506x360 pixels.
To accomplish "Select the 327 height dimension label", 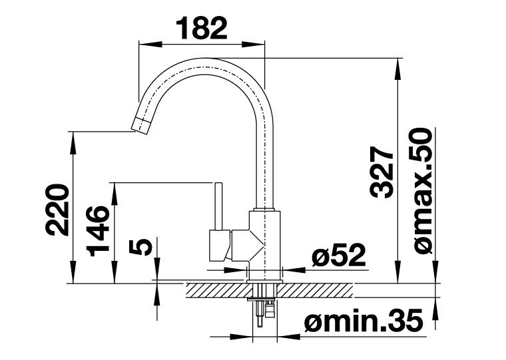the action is point(382,172).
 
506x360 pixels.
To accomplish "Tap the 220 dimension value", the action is point(57,210).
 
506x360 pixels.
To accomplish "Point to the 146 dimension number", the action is point(98,231).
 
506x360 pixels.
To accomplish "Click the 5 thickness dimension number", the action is point(140,248).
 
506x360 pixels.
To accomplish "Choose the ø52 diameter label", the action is point(338,255).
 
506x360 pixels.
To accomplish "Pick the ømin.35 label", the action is point(364,320).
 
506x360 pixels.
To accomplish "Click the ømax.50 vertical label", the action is point(423,191).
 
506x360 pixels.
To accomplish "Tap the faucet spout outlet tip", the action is point(140,126).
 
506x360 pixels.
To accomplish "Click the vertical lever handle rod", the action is point(218,206).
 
